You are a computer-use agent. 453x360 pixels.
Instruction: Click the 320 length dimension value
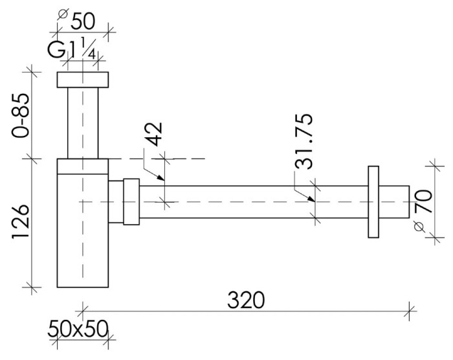point(245,300)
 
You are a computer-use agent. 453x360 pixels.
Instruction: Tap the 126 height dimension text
point(21,222)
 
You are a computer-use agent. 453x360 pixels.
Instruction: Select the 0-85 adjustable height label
point(21,115)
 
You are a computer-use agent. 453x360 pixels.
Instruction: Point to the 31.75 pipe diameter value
point(304,142)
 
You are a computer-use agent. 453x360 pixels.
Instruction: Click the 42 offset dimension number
point(153,134)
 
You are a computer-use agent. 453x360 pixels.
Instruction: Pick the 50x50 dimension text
point(78,329)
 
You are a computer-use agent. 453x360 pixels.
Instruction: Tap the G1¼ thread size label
point(72,49)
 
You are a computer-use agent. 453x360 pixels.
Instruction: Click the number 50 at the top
point(82,21)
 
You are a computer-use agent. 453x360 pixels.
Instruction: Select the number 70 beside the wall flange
point(423,201)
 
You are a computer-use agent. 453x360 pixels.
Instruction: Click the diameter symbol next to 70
point(419,226)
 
